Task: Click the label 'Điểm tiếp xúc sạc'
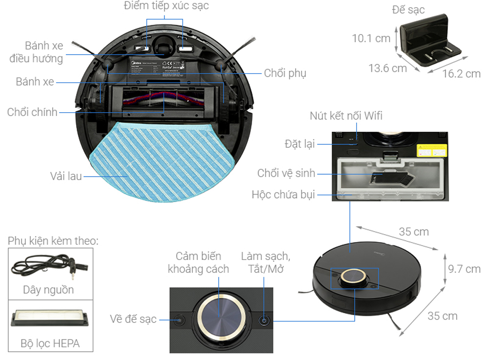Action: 166,7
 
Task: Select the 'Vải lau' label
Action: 65,176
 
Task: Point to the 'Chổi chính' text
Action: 32,113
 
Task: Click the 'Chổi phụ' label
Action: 285,73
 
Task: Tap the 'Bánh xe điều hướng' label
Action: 37,52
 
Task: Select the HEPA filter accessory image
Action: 50,318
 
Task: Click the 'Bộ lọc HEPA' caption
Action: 51,343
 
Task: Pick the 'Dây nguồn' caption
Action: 49,290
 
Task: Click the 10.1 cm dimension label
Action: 371,38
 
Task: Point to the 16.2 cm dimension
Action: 462,74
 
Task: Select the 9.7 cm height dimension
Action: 464,269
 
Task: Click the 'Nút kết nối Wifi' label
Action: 346,116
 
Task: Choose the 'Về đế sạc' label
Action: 133,319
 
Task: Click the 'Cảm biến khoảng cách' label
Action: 198,262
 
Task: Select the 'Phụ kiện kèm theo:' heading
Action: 53,241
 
